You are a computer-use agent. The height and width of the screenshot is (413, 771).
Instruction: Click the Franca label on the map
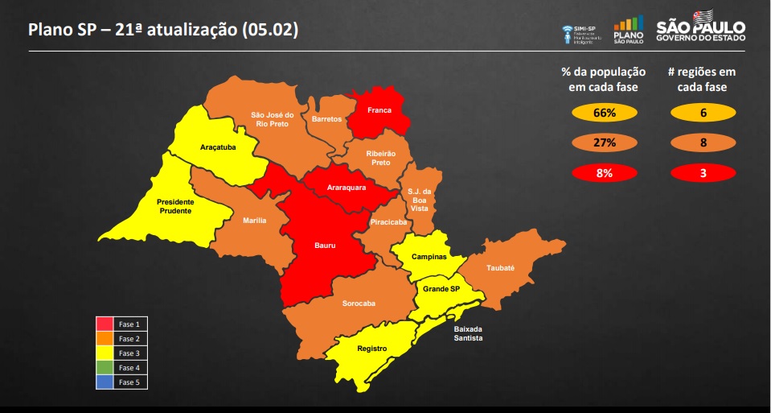point(379,110)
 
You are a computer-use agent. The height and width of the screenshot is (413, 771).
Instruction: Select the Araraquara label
point(347,188)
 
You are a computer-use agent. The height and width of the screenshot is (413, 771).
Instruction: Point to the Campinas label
point(429,257)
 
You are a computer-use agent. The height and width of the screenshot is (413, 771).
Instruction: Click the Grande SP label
point(441,288)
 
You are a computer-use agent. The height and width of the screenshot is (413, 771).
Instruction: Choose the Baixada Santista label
point(468,333)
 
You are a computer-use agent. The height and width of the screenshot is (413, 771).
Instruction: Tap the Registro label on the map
point(372,349)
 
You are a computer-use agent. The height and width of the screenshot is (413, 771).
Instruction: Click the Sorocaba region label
point(359,304)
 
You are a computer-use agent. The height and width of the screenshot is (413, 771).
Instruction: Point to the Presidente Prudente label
point(174,206)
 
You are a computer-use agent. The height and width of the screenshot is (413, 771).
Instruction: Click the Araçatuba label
point(217,148)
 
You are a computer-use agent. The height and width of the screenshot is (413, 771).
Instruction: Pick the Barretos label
point(326,118)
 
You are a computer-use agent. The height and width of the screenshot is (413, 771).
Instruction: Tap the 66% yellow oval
point(605,114)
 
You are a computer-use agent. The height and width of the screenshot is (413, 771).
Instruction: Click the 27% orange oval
point(605,143)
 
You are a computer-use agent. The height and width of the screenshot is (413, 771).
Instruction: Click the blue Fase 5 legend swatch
point(105,382)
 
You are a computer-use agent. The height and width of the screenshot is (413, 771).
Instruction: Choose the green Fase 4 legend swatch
point(105,368)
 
